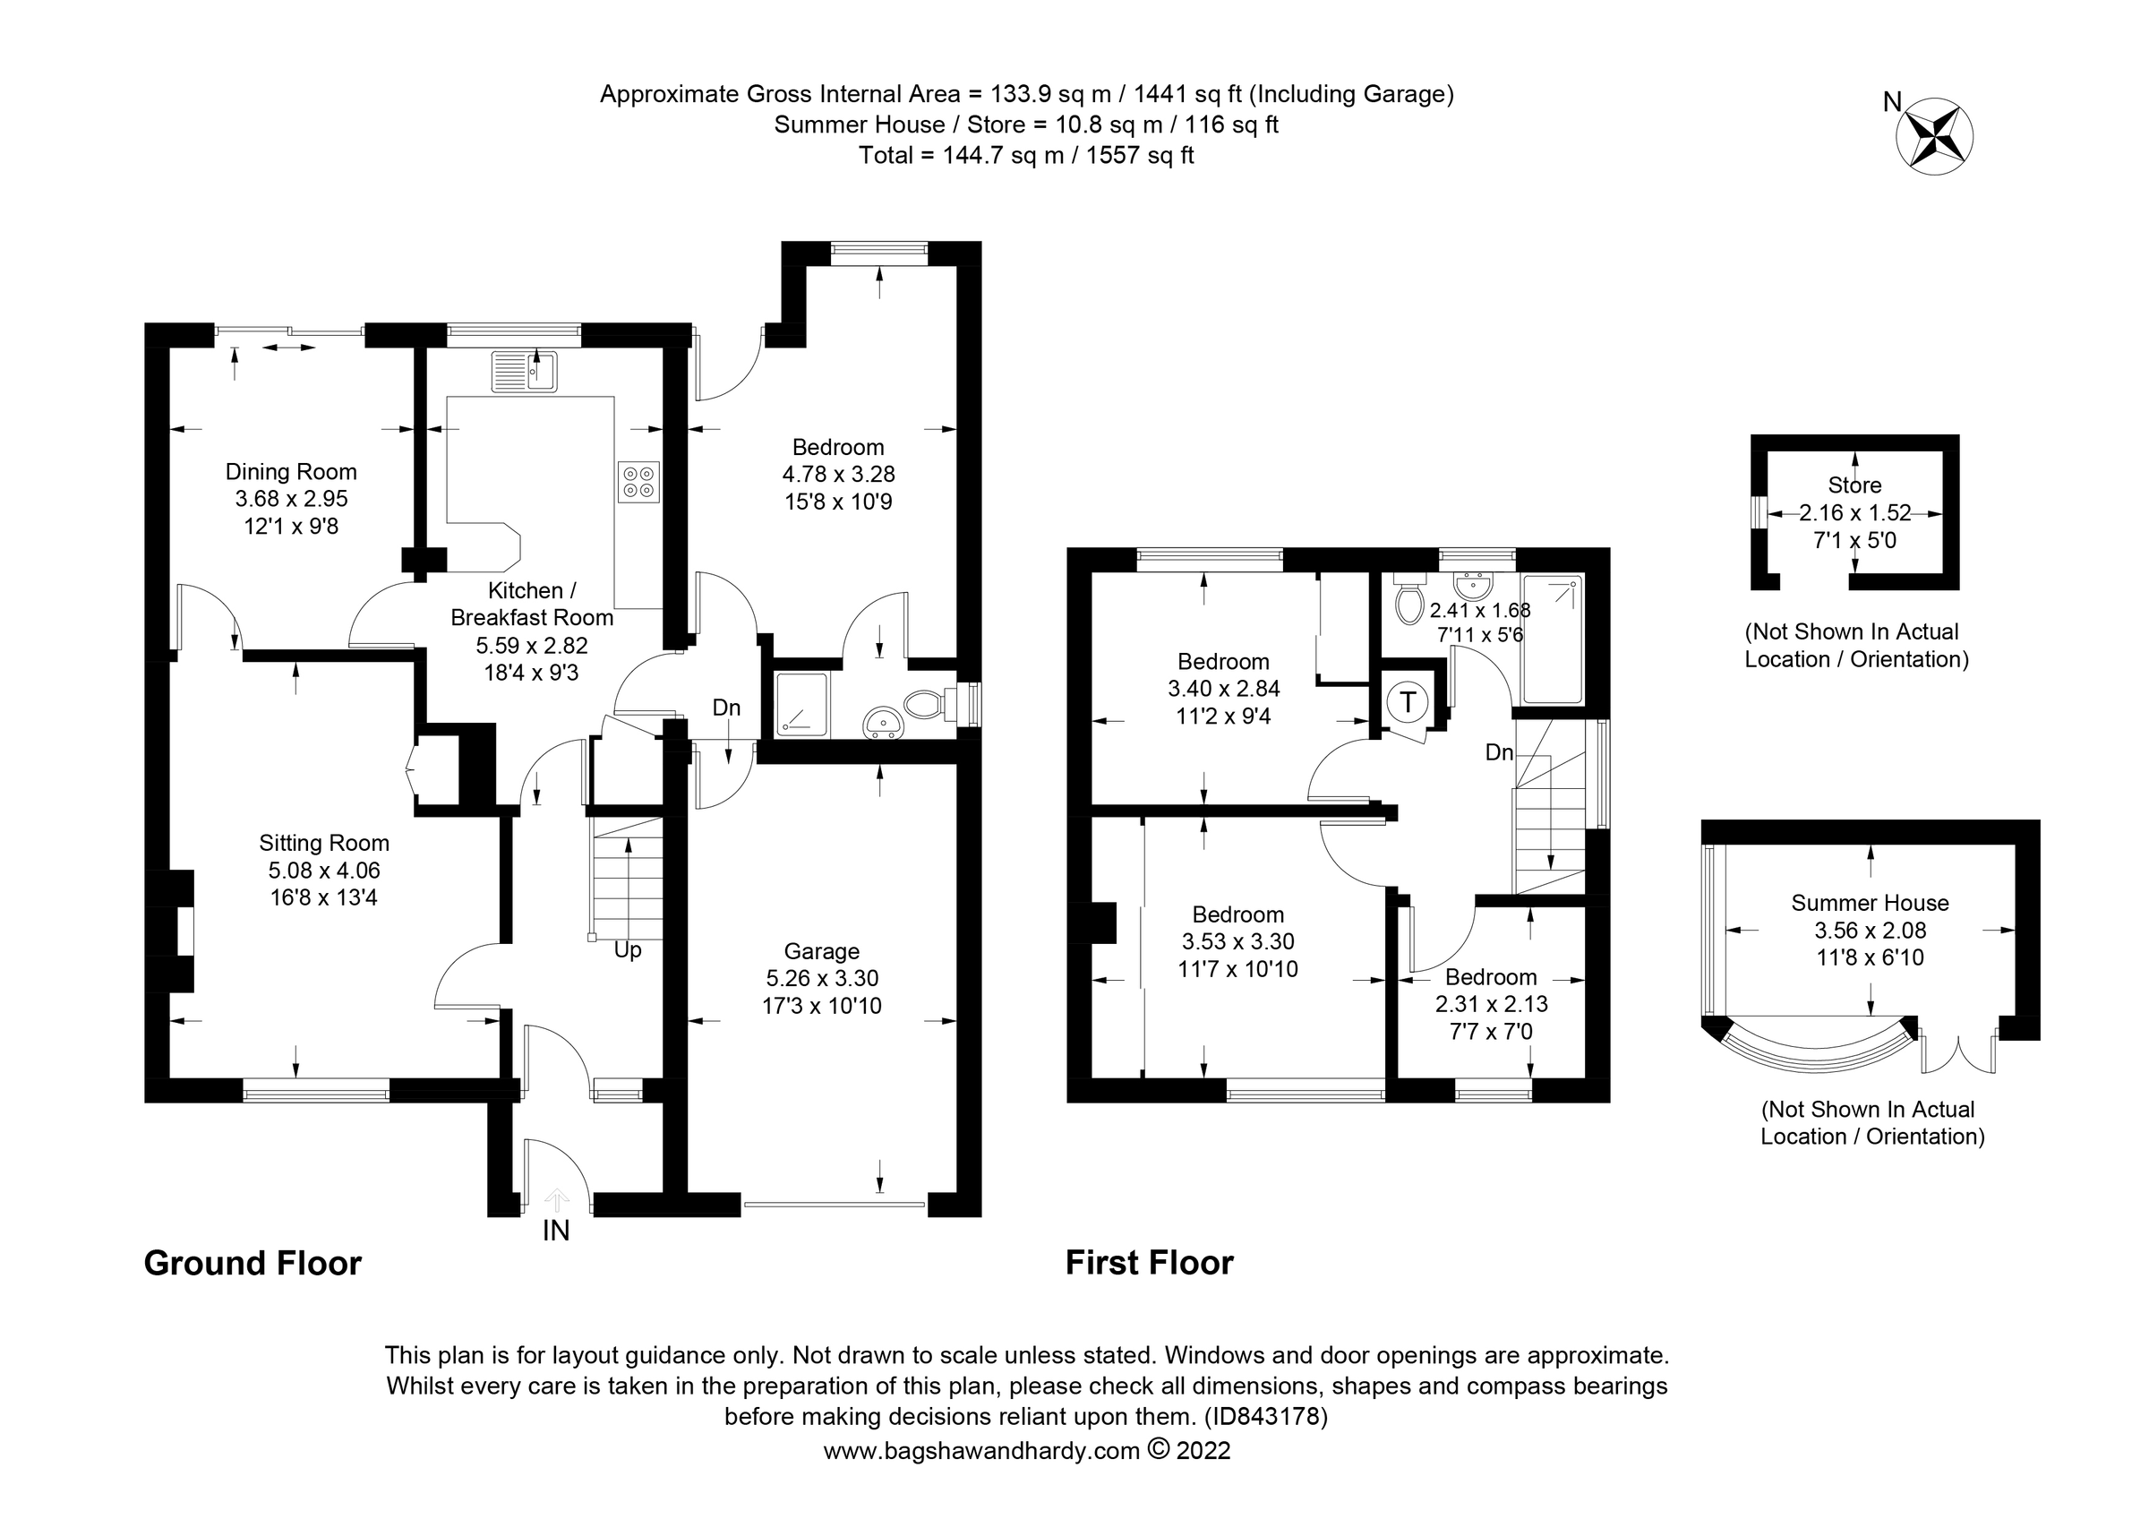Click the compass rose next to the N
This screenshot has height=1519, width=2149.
[1934, 137]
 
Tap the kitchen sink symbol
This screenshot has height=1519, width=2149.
[524, 372]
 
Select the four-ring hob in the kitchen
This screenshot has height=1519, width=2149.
[638, 482]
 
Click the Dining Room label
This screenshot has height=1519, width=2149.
[291, 472]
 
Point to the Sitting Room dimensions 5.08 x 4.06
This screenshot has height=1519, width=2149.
[324, 871]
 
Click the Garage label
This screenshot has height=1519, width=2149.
[821, 951]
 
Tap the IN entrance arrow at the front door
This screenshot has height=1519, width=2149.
[556, 1199]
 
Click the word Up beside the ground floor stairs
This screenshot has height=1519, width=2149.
[627, 950]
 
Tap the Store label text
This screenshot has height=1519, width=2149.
[1854, 485]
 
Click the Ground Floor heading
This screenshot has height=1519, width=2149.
[253, 1264]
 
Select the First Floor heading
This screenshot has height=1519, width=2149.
[1149, 1264]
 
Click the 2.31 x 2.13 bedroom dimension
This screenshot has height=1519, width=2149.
[1491, 1004]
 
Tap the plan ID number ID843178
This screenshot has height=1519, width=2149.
[1265, 1416]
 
